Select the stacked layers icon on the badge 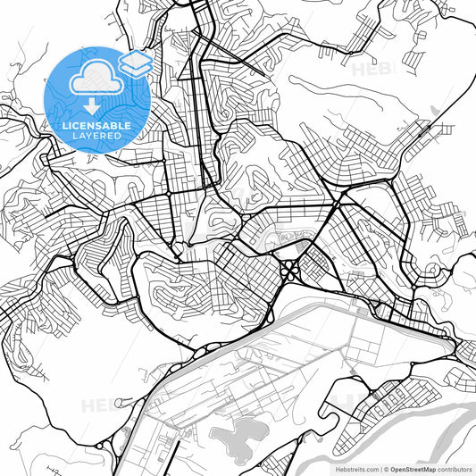pyautogui.click(x=135, y=63)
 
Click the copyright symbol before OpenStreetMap pyautogui.click(x=387, y=468)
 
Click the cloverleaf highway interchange pyautogui.click(x=291, y=269)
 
